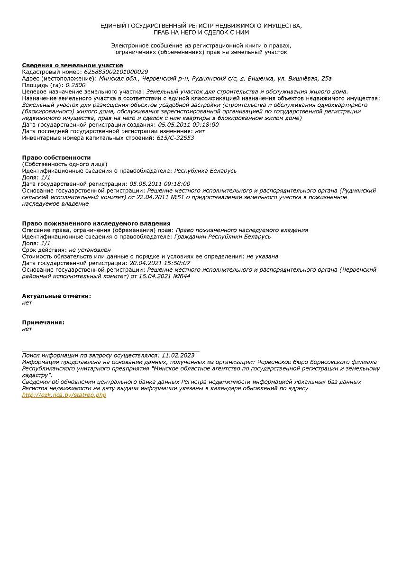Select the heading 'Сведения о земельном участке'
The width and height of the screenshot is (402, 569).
pos(73,65)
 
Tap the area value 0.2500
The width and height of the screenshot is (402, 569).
pos(75,85)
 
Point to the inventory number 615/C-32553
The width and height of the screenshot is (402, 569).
pos(175,138)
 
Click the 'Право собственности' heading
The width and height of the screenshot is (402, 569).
pos(56,157)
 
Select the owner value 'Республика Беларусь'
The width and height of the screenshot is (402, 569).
pos(205,171)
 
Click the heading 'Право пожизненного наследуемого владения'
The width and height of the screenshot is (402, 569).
pos(96,223)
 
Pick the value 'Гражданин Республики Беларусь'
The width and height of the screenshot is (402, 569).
pos(222,237)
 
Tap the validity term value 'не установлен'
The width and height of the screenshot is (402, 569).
pos(90,250)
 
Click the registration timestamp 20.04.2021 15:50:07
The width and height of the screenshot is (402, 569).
pos(160,263)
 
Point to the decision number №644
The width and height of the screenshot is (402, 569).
pos(181,276)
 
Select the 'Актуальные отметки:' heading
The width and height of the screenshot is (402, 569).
pos(56,296)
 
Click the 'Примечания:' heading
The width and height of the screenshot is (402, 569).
pos(43,322)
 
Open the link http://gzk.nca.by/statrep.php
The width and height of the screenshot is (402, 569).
pos(64,395)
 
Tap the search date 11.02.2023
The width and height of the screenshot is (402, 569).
pos(178,355)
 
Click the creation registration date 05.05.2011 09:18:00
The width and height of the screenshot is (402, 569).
pos(188,125)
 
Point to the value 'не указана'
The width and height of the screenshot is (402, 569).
pos(262,257)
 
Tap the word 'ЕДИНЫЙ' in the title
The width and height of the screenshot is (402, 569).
pos(113,26)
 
